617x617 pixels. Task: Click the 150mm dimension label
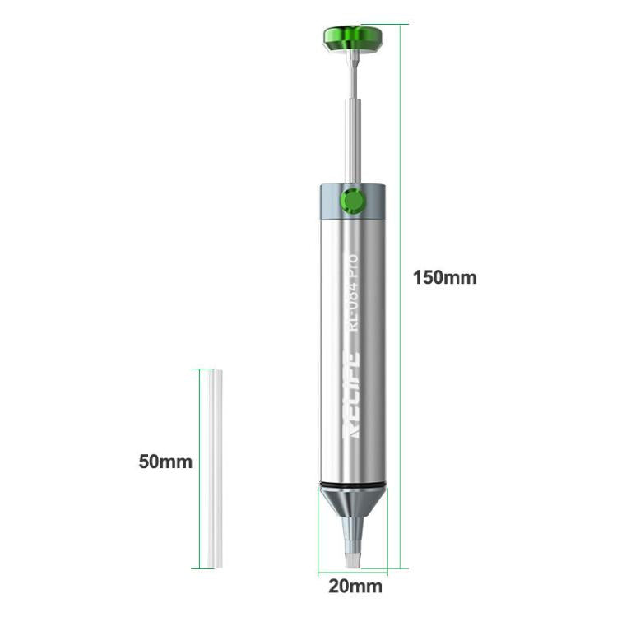click(444, 277)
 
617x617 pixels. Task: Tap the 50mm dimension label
click(165, 462)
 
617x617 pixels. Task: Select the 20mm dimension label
click(355, 587)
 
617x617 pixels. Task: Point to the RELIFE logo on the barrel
click(350, 397)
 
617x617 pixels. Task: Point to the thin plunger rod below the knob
click(351, 74)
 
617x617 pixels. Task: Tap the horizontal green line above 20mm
click(352, 573)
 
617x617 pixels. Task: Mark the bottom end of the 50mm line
click(197, 568)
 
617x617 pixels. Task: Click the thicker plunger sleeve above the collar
click(351, 140)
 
